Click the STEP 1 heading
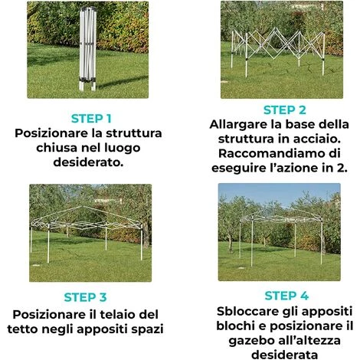(91, 119)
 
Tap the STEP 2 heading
(285, 110)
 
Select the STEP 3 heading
(85, 297)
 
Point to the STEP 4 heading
(286, 296)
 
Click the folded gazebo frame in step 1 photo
(87, 48)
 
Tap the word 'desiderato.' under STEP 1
(88, 162)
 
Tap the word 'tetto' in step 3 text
(22, 329)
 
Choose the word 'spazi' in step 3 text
(147, 330)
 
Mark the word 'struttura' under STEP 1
(134, 133)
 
